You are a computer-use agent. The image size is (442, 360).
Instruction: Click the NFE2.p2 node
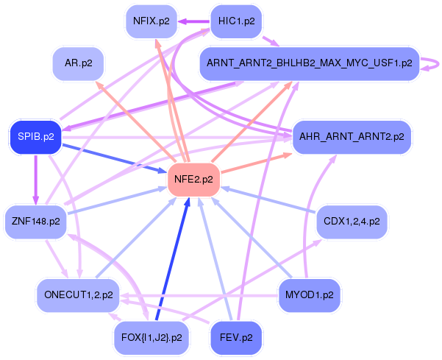coord(193,180)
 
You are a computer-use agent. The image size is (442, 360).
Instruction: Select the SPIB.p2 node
coord(36,137)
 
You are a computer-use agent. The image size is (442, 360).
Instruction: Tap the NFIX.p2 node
coord(152,21)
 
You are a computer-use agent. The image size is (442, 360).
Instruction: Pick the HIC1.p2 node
coord(237,21)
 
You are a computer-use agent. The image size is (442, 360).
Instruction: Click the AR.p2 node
coord(79,63)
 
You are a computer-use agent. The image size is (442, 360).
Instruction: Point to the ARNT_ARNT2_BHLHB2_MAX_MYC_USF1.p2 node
coord(310,63)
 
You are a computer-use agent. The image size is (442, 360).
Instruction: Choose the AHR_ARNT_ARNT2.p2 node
coord(352,137)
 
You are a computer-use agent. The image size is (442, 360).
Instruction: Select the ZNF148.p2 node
coord(36,222)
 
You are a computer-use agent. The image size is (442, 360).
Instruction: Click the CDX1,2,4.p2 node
coord(352,222)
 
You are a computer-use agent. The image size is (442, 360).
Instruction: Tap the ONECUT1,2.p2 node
coord(79,295)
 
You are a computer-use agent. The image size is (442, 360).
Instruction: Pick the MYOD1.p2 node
coord(310,295)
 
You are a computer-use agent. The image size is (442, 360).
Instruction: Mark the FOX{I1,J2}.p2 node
coord(152,338)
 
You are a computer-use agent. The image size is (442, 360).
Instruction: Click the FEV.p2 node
coord(236,338)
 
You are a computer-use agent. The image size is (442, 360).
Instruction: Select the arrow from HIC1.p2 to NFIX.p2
coord(194,21)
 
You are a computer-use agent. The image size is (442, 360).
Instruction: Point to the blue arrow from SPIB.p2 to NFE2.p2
coord(114,158)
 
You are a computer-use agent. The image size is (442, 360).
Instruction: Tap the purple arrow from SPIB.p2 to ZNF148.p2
coord(36,180)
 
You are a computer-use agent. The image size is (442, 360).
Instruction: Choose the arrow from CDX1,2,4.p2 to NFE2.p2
coord(268,200)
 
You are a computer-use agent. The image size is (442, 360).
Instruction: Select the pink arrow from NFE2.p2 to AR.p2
coord(137,121)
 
